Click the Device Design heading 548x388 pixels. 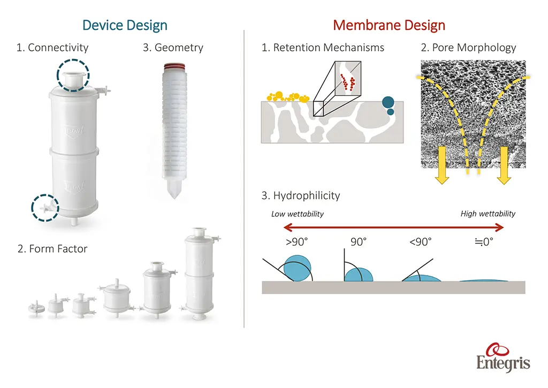coord(124,25)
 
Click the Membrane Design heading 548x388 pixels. coord(389,25)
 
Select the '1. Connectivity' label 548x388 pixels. coord(52,48)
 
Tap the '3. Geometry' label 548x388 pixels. coord(173,48)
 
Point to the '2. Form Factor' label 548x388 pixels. coord(52,248)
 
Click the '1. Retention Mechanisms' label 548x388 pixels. coord(323,48)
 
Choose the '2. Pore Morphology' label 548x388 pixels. coord(468,48)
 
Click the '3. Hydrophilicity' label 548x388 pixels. coord(300,195)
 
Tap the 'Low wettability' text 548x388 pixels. coord(298,214)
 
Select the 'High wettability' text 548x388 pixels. coord(488,214)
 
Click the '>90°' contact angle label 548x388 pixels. coord(297,241)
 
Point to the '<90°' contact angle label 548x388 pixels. coord(420,241)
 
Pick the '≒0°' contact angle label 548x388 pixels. coord(484,241)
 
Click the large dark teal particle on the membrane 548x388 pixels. coord(389,102)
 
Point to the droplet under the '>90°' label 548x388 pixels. coord(298,267)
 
